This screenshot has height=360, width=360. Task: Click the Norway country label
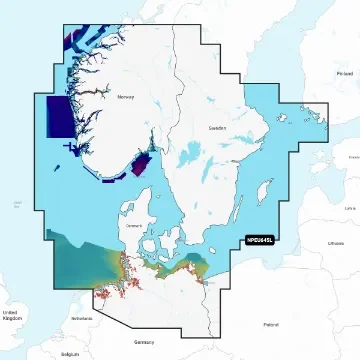[125, 98]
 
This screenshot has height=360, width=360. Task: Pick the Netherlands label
[81, 317]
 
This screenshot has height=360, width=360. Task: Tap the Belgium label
[69, 353]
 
